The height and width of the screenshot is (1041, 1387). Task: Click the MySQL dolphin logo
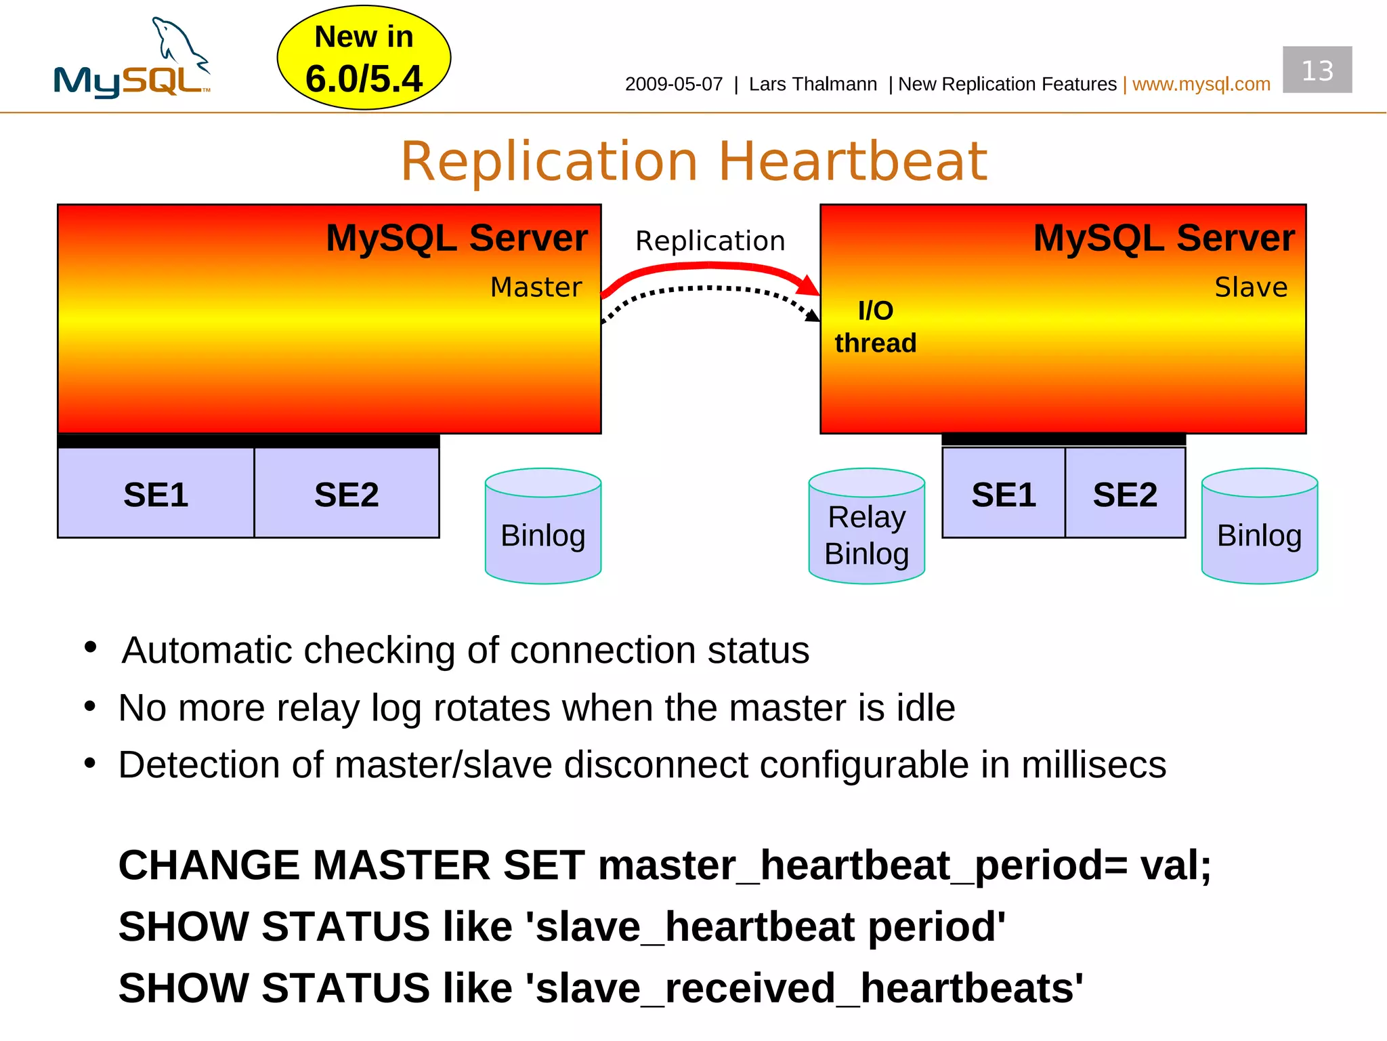pos(133,61)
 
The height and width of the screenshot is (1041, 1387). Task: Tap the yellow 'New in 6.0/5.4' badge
pos(364,58)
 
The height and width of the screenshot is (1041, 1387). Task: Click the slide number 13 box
pos(1317,70)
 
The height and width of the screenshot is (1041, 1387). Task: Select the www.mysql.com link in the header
pos(1201,84)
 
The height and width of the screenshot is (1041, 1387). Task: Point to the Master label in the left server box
pos(536,287)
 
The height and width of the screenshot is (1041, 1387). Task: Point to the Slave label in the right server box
pos(1250,287)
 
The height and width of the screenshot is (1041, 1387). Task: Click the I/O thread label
pos(875,327)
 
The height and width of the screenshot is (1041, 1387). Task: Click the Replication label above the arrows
pos(710,241)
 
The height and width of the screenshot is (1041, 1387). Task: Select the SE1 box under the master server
pos(156,494)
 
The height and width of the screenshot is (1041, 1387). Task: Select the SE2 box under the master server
pos(346,494)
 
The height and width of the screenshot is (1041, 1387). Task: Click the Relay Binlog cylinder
pos(866,527)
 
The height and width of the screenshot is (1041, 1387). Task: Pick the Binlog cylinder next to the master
pos(542,527)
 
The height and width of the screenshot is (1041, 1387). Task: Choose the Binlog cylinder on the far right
pos(1259,527)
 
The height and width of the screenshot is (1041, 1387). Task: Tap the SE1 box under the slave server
pos(1003,494)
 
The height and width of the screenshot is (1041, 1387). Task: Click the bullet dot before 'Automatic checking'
pos(91,647)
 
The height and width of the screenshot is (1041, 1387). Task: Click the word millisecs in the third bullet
pos(1093,765)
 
